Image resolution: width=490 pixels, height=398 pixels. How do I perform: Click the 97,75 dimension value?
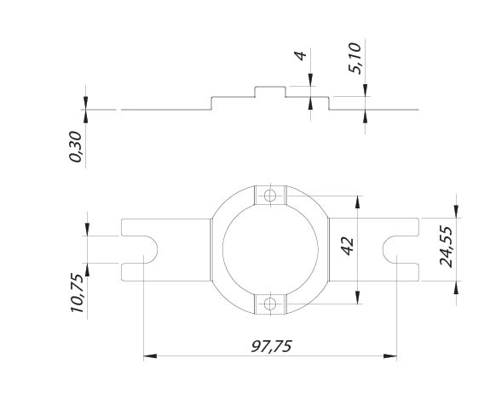click(271, 346)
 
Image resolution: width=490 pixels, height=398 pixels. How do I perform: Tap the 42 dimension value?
click(347, 247)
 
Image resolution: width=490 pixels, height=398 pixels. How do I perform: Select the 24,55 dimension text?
click(446, 247)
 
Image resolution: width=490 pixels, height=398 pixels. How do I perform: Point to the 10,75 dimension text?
click(77, 293)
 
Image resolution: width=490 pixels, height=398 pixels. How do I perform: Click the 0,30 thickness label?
click(75, 146)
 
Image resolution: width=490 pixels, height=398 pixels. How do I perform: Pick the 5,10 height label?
click(355, 59)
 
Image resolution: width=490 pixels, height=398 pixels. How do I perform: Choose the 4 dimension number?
click(300, 55)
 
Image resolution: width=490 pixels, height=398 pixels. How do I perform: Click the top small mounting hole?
click(270, 196)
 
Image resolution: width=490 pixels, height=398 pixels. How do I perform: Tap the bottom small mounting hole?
click(270, 304)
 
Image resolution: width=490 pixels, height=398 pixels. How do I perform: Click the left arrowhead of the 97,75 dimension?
click(150, 355)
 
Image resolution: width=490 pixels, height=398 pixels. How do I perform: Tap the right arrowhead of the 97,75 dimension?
click(390, 355)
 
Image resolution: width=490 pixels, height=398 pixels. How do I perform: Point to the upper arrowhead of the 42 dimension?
click(358, 202)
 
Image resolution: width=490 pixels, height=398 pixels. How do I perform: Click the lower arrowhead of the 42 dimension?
click(358, 298)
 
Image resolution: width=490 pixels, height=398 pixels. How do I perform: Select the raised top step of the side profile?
click(270, 87)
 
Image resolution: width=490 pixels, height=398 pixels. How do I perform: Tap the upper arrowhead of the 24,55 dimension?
click(456, 211)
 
